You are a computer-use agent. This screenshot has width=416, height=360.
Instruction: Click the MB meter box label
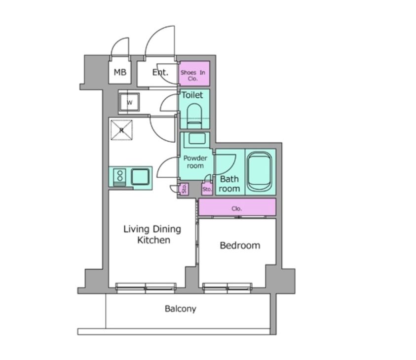pos(120,72)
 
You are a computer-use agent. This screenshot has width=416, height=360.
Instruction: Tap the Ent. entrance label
pos(160,72)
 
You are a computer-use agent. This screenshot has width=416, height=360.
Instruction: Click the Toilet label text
pos(192,95)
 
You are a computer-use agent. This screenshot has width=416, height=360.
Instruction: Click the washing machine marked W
pos(129,102)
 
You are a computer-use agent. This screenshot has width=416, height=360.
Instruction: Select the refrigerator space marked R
pos(121,130)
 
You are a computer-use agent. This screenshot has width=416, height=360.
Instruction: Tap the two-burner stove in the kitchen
pos(119,175)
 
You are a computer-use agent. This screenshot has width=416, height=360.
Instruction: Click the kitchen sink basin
pos(140,177)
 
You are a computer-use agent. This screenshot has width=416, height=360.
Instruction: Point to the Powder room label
pos(195,162)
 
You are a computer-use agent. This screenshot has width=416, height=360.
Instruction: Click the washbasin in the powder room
pos(196,138)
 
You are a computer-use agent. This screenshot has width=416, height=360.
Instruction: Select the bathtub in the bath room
pos(260,172)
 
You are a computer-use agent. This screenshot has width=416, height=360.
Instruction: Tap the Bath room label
pos(229,184)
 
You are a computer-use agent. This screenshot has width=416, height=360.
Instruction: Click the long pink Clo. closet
pos(237,207)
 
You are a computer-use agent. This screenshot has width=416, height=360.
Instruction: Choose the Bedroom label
pos(240,245)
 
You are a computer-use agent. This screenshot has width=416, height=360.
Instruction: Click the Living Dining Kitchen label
pos(152,235)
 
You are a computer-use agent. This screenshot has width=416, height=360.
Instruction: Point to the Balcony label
pos(181,309)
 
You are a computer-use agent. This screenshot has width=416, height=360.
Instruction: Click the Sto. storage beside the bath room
pos(207,189)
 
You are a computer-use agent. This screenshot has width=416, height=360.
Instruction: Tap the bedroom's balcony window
pos(227,287)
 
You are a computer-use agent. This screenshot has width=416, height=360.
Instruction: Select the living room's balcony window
pos(146,287)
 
